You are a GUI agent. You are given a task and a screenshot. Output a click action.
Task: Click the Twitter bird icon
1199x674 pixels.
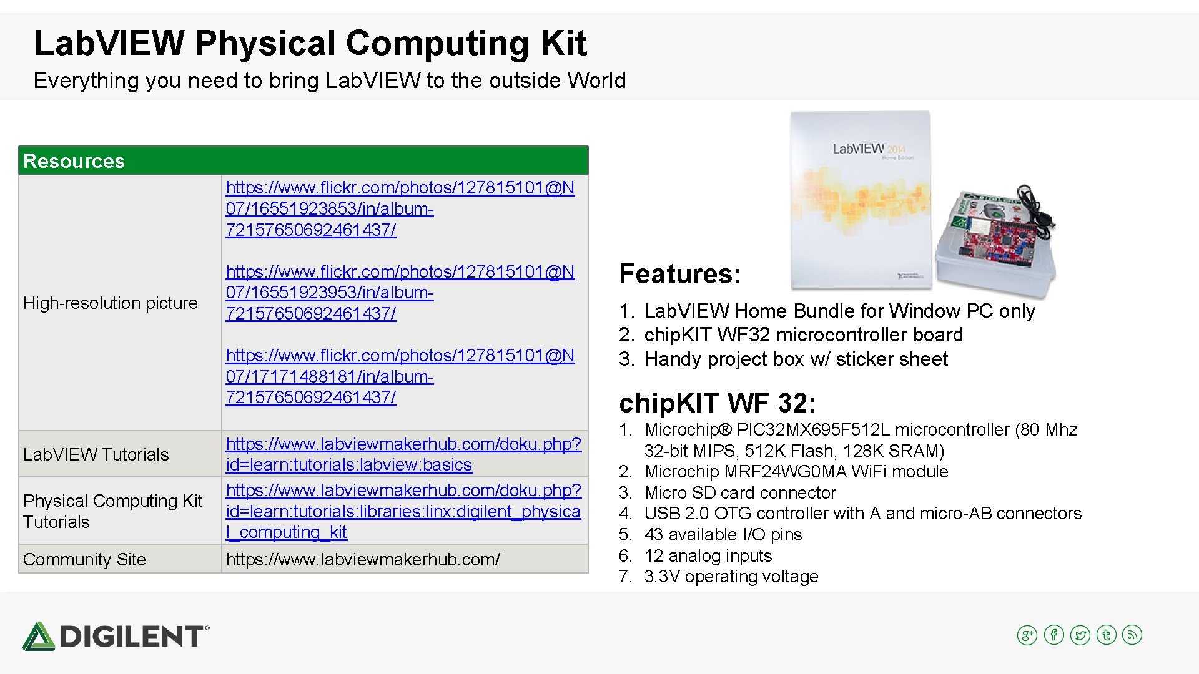[1080, 635]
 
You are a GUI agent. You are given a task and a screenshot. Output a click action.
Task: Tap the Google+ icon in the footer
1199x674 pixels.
[1027, 635]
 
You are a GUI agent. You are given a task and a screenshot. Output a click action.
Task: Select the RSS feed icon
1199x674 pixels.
[1132, 635]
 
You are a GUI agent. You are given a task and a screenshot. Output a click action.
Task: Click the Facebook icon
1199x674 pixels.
[1053, 635]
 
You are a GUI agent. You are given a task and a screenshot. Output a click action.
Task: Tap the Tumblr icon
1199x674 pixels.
[1106, 635]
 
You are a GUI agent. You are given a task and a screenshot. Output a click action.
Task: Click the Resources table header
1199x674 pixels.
[74, 161]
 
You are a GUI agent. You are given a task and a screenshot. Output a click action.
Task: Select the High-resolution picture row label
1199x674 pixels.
[110, 303]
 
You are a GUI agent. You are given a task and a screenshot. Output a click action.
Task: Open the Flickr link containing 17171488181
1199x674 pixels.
[400, 376]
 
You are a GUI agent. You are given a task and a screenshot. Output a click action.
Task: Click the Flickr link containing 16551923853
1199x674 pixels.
[400, 208]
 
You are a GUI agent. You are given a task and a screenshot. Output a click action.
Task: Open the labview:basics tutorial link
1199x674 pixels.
[403, 454]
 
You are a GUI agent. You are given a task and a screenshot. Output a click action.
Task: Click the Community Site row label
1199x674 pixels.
[84, 560]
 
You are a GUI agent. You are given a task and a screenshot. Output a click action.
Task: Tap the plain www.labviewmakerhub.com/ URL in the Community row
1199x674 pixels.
[363, 560]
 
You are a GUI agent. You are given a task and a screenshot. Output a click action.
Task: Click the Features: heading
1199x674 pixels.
[679, 274]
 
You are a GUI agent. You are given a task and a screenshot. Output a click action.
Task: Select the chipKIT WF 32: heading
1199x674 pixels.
[717, 403]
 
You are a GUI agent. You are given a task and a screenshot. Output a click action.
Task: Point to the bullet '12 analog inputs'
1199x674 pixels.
[708, 556]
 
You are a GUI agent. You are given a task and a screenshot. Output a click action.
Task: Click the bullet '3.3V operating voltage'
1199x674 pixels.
[731, 577]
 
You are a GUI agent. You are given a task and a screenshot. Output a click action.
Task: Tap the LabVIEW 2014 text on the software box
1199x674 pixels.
[868, 149]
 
